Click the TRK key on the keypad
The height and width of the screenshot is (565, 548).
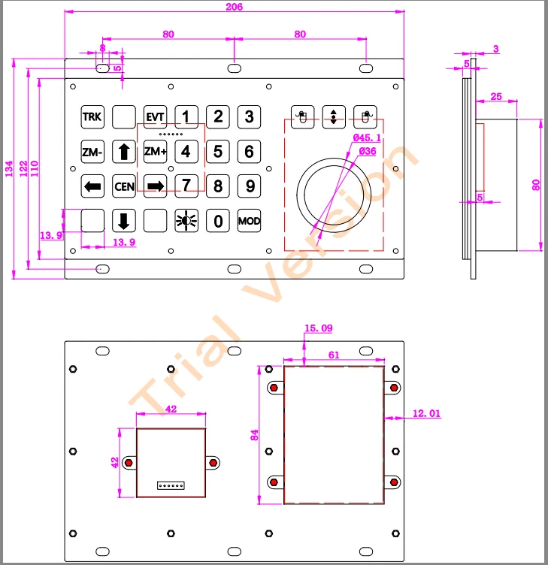pyautogui.click(x=92, y=116)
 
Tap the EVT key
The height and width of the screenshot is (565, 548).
pyautogui.click(x=155, y=116)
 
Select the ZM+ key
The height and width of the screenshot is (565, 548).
pyautogui.click(x=155, y=152)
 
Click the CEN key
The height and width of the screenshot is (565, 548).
pyautogui.click(x=123, y=186)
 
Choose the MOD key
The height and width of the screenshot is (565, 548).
pyautogui.click(x=249, y=221)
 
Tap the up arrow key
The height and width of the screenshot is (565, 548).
pyautogui.click(x=123, y=152)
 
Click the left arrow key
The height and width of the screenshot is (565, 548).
pyautogui.click(x=92, y=186)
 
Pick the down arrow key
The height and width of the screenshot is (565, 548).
pyautogui.click(x=123, y=221)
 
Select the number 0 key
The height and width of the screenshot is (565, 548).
pyautogui.click(x=218, y=221)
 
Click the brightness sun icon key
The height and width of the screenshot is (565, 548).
pyautogui.click(x=186, y=221)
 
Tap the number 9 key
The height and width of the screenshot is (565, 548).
pyautogui.click(x=250, y=186)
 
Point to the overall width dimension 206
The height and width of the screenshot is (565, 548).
pyautogui.click(x=234, y=6)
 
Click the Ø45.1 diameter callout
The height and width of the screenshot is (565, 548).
pyautogui.click(x=368, y=137)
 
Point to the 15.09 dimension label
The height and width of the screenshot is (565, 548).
pyautogui.click(x=318, y=328)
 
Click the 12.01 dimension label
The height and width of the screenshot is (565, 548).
pyautogui.click(x=427, y=413)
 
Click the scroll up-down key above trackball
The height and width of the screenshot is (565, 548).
pyautogui.click(x=333, y=116)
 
